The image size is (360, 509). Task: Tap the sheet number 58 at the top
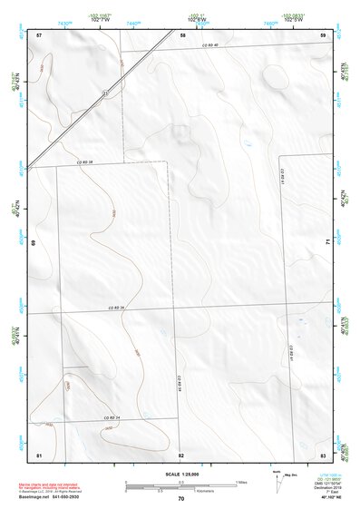(x=182, y=34)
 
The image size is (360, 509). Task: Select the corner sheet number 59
(x=323, y=34)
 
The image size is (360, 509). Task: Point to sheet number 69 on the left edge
(x=34, y=243)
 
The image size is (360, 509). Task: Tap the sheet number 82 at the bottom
(x=181, y=454)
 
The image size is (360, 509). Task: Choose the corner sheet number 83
(x=323, y=453)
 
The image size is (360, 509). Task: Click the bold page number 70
(x=181, y=499)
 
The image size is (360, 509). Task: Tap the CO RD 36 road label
(x=113, y=308)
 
